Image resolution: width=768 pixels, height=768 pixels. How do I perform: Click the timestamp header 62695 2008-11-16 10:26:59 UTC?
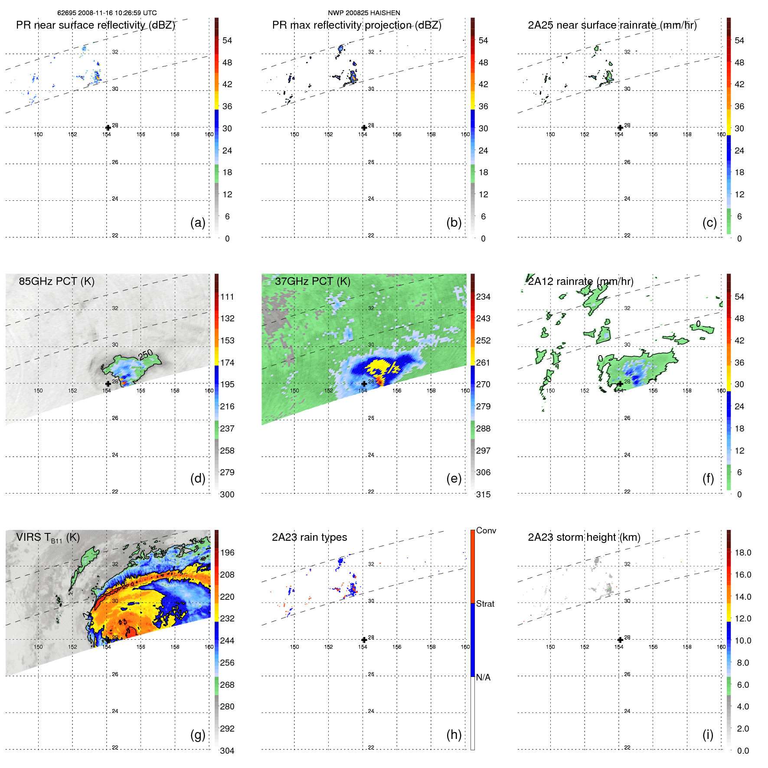click(107, 13)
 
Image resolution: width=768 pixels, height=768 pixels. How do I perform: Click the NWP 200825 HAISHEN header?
click(364, 13)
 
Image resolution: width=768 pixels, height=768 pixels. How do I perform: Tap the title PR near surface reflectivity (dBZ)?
click(95, 25)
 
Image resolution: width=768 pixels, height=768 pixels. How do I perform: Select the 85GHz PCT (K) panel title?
click(56, 281)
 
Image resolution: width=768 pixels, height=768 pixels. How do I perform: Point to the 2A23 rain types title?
click(309, 537)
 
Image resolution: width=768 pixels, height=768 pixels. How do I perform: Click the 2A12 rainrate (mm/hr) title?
click(581, 281)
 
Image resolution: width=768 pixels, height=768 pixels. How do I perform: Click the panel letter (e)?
click(454, 478)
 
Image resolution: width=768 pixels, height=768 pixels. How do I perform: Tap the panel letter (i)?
click(708, 735)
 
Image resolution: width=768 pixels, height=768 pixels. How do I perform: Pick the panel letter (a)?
click(198, 222)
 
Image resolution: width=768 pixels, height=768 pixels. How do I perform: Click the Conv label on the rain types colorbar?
click(486, 530)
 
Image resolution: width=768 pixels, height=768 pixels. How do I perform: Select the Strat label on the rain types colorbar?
click(485, 604)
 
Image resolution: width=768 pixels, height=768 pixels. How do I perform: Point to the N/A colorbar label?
click(483, 677)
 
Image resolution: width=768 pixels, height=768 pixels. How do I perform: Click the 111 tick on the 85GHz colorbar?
click(227, 297)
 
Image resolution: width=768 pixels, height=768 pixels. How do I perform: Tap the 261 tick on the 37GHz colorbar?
click(483, 363)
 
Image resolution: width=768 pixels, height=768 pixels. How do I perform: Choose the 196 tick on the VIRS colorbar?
click(227, 552)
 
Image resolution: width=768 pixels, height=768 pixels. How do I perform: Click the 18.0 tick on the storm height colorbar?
click(742, 552)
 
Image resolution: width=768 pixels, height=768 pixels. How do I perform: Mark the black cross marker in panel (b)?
click(364, 127)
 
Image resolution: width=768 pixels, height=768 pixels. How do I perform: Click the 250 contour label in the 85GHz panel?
click(145, 355)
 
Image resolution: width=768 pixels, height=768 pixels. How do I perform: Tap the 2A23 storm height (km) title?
click(584, 537)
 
